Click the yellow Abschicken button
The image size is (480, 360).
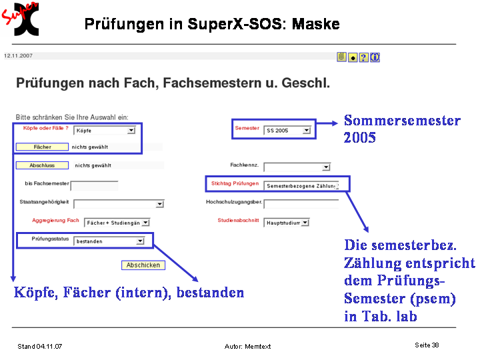coord(143,265)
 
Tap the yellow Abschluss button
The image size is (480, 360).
coord(42,165)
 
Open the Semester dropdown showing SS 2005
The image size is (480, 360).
coord(287,131)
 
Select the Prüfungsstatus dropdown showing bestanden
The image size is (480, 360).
coord(109,241)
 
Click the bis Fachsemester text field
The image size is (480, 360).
coord(94,185)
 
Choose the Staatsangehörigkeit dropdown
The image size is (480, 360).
coord(119,204)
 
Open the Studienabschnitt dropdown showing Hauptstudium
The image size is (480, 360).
coord(287,223)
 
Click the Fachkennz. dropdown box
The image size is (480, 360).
coord(297,167)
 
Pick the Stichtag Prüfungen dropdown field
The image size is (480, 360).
coord(301,186)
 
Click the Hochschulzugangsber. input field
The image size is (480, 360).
coord(301,204)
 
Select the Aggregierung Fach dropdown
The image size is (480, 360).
coord(117,223)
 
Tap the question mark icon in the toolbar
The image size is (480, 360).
coord(364,57)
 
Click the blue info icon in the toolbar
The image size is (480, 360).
coord(375,57)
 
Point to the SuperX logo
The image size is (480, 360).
coord(20,19)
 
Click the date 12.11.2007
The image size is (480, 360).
coord(18,56)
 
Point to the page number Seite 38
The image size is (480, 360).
coord(427,345)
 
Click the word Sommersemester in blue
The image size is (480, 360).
coord(402,120)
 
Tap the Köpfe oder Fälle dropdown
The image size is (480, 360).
coord(105,131)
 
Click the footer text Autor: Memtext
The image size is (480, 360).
coord(247,346)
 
